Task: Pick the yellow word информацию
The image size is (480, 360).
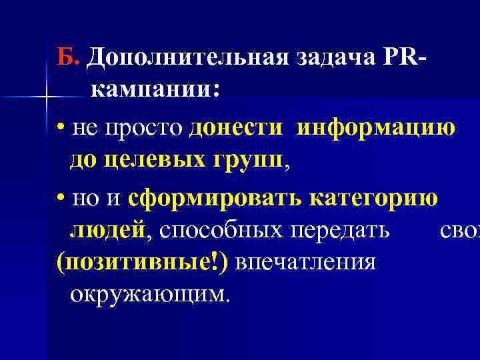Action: pyautogui.click(x=377, y=127)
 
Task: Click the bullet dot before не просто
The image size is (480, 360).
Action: pyautogui.click(x=61, y=128)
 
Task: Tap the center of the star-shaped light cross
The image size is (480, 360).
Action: pyautogui.click(x=45, y=98)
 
